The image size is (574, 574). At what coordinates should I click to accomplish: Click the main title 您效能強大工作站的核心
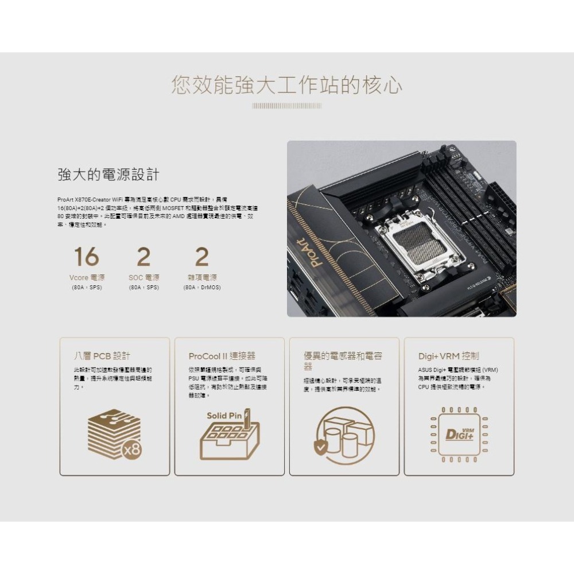tap(286, 85)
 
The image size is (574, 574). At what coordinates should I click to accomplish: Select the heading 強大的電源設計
tap(108, 174)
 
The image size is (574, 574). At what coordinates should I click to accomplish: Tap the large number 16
tap(86, 257)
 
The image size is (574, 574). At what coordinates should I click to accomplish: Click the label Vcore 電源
tap(86, 278)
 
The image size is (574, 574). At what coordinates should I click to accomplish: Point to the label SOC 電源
tap(143, 278)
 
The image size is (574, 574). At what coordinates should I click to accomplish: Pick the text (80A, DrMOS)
tap(201, 287)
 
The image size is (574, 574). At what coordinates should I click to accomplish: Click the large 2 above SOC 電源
tap(143, 257)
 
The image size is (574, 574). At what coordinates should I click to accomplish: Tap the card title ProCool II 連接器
tap(222, 356)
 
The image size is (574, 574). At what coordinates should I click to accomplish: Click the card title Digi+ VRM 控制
tap(448, 356)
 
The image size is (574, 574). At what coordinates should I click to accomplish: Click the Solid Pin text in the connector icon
tap(224, 415)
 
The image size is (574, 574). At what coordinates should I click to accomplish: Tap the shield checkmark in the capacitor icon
tap(320, 447)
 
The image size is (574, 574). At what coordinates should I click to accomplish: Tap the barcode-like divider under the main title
tap(286, 106)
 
